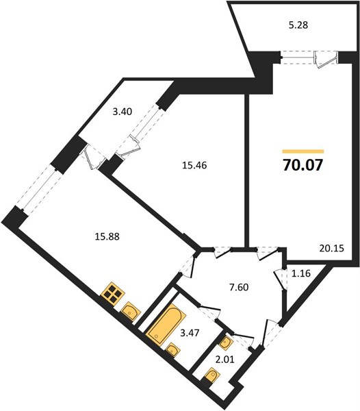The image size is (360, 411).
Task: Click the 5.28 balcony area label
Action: [x=298, y=25]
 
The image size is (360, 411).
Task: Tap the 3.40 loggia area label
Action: [x=123, y=112]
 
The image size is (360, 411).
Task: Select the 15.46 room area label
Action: [x=194, y=165]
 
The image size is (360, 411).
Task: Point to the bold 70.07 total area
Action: [x=303, y=165]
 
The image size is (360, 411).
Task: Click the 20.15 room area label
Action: [x=331, y=248]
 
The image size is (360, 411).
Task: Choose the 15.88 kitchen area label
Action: [x=107, y=237]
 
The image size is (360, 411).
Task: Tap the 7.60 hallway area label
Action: [x=239, y=287]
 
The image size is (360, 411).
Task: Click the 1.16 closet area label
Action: [x=301, y=273]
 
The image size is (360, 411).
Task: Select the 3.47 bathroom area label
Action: [x=190, y=333]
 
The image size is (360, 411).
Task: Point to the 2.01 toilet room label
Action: [x=224, y=360]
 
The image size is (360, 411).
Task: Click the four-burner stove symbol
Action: [x=113, y=293]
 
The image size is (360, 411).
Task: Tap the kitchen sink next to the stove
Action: [x=131, y=311]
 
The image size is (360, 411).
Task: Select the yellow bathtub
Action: [x=166, y=324]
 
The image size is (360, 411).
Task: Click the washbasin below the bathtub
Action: [x=172, y=349]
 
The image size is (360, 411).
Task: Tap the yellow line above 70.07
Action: [x=303, y=151]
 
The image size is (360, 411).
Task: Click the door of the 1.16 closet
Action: [x=280, y=280]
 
